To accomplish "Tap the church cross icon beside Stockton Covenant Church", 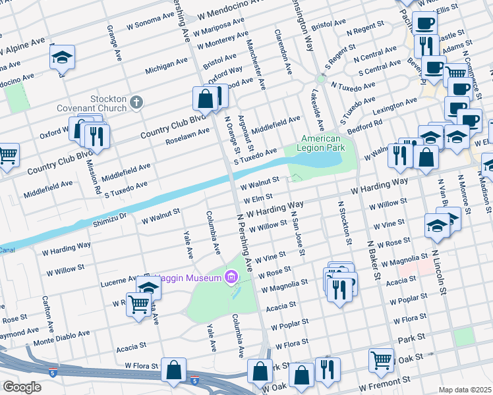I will click(x=136, y=101).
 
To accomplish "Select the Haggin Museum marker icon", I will click(x=230, y=276).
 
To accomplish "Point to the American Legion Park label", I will click(x=321, y=144).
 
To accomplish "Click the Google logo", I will click(x=21, y=387).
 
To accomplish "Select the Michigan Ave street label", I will click(x=166, y=65).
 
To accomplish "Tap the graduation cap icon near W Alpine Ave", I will click(x=62, y=57).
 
